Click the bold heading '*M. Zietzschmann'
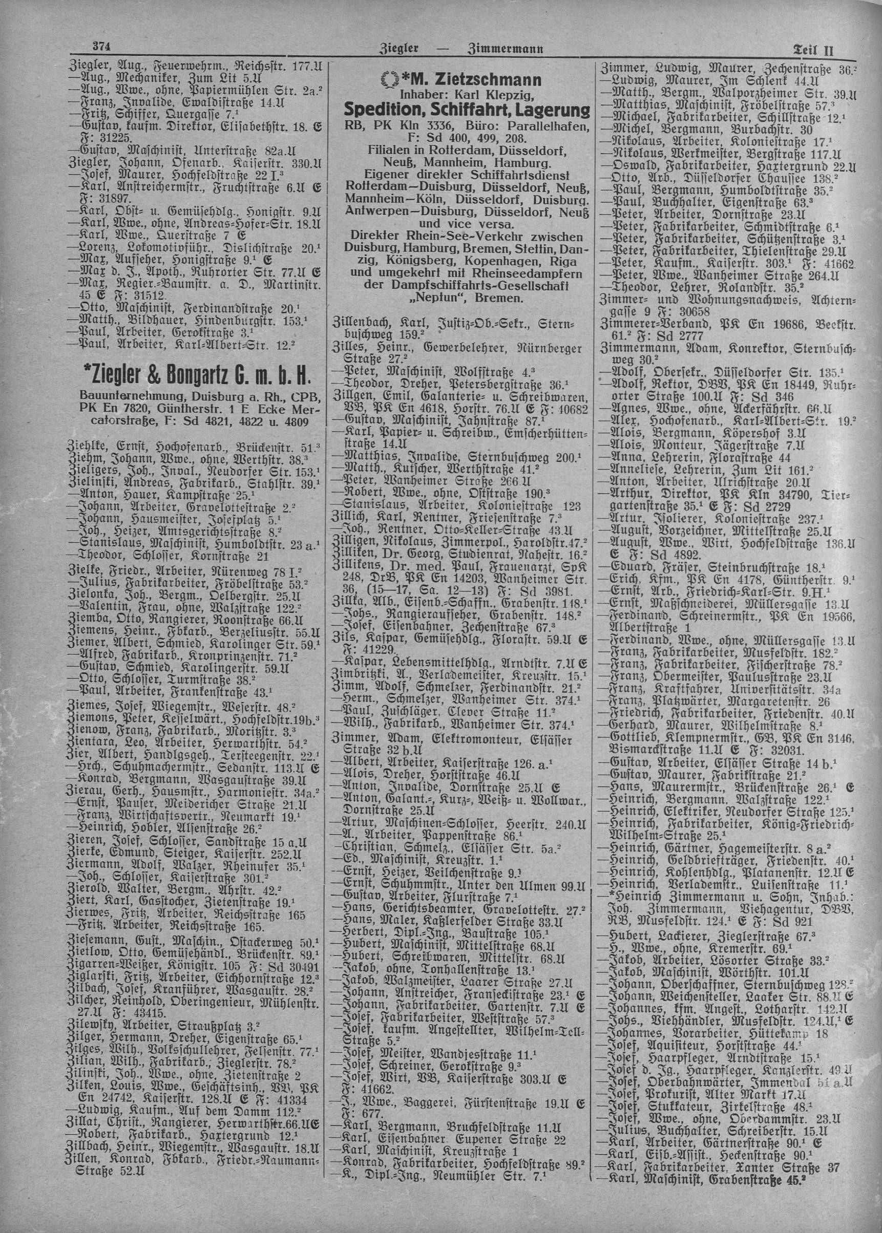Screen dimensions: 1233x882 [x=467, y=81]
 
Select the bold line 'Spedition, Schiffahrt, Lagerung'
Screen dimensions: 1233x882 [x=467, y=110]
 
